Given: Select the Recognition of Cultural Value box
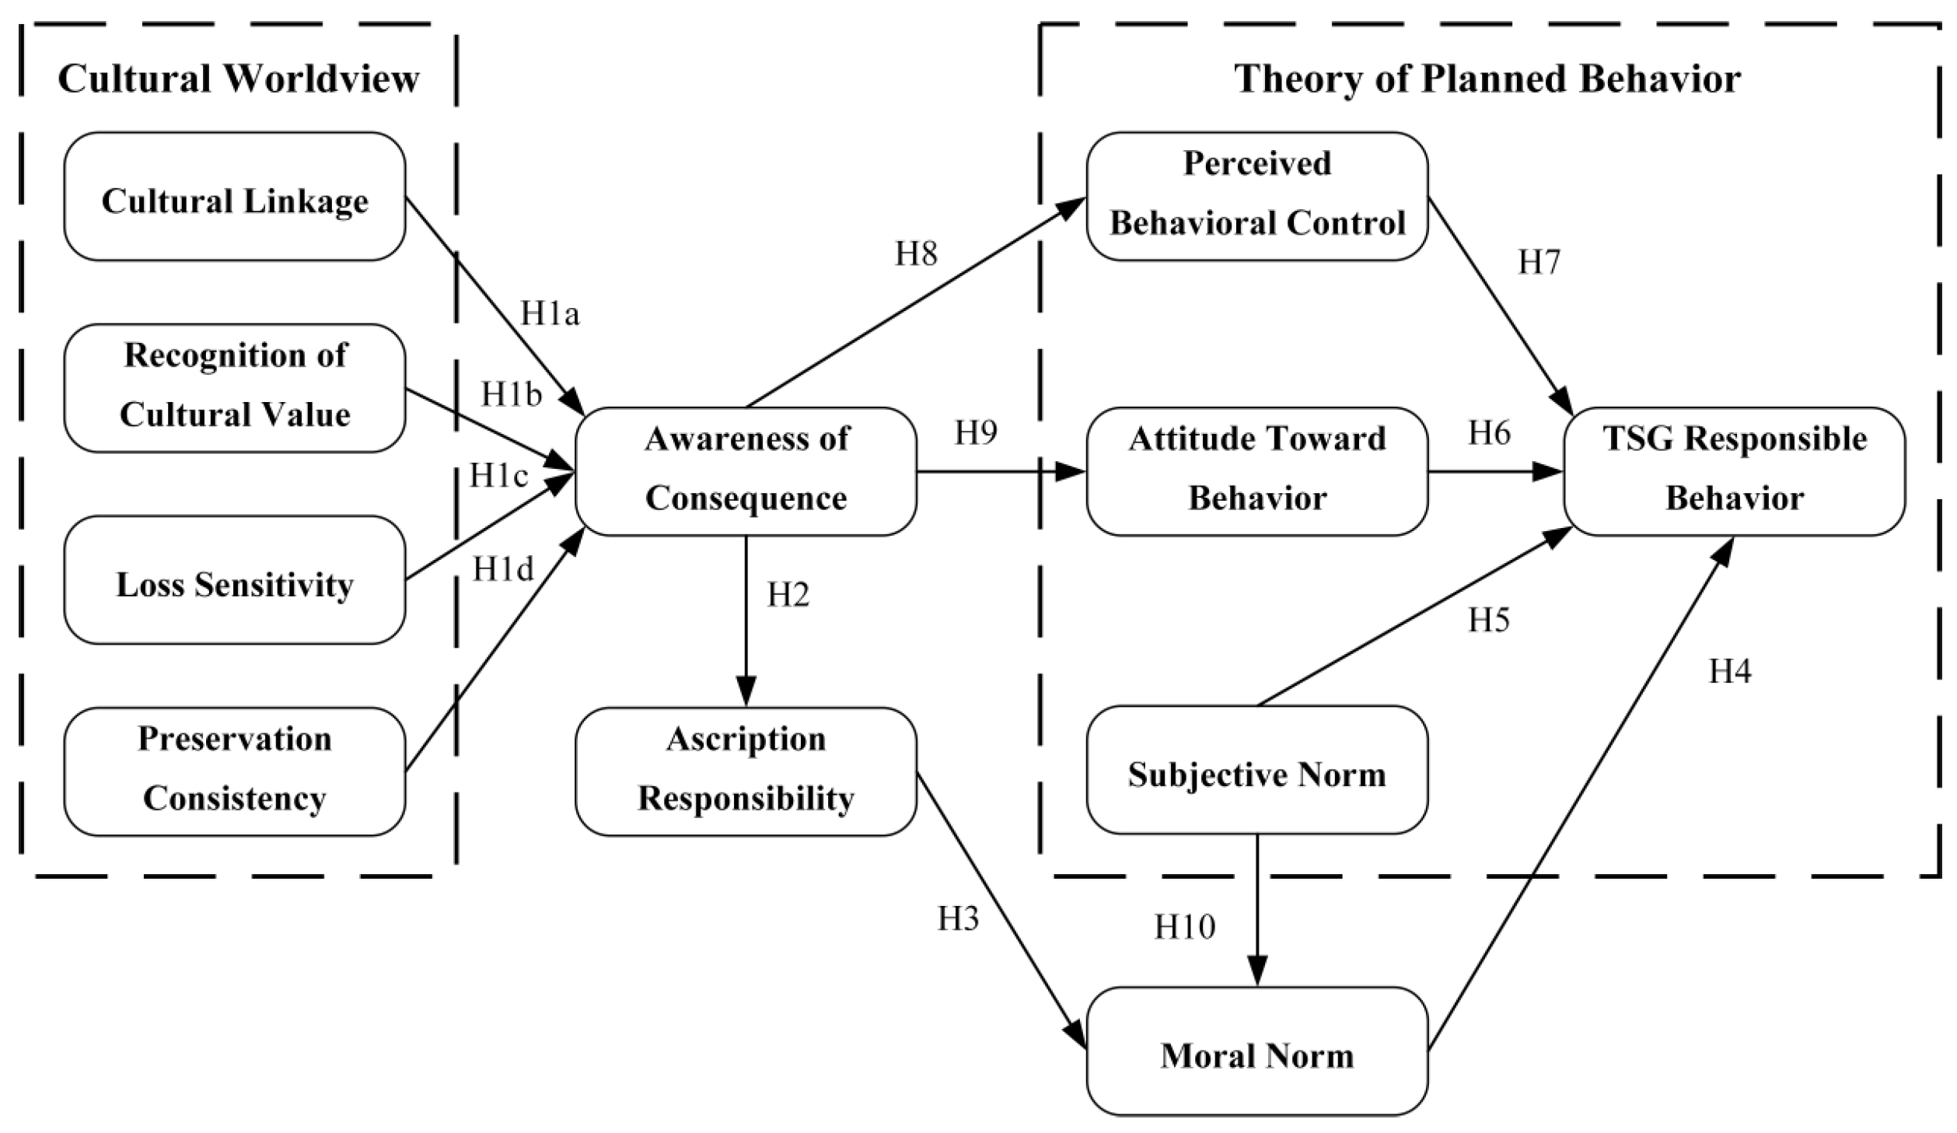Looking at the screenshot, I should point(234,388).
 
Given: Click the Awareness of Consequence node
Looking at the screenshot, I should point(746,471).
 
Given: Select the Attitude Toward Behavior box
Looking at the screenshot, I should point(1256,471).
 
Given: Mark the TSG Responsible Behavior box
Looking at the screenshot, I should point(1734,471).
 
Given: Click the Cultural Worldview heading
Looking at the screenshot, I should point(239,79).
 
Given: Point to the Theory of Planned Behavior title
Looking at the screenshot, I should point(1487,79).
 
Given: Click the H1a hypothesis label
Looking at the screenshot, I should point(550,314).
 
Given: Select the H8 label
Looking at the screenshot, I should point(916,254).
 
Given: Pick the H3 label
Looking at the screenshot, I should point(957,919).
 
